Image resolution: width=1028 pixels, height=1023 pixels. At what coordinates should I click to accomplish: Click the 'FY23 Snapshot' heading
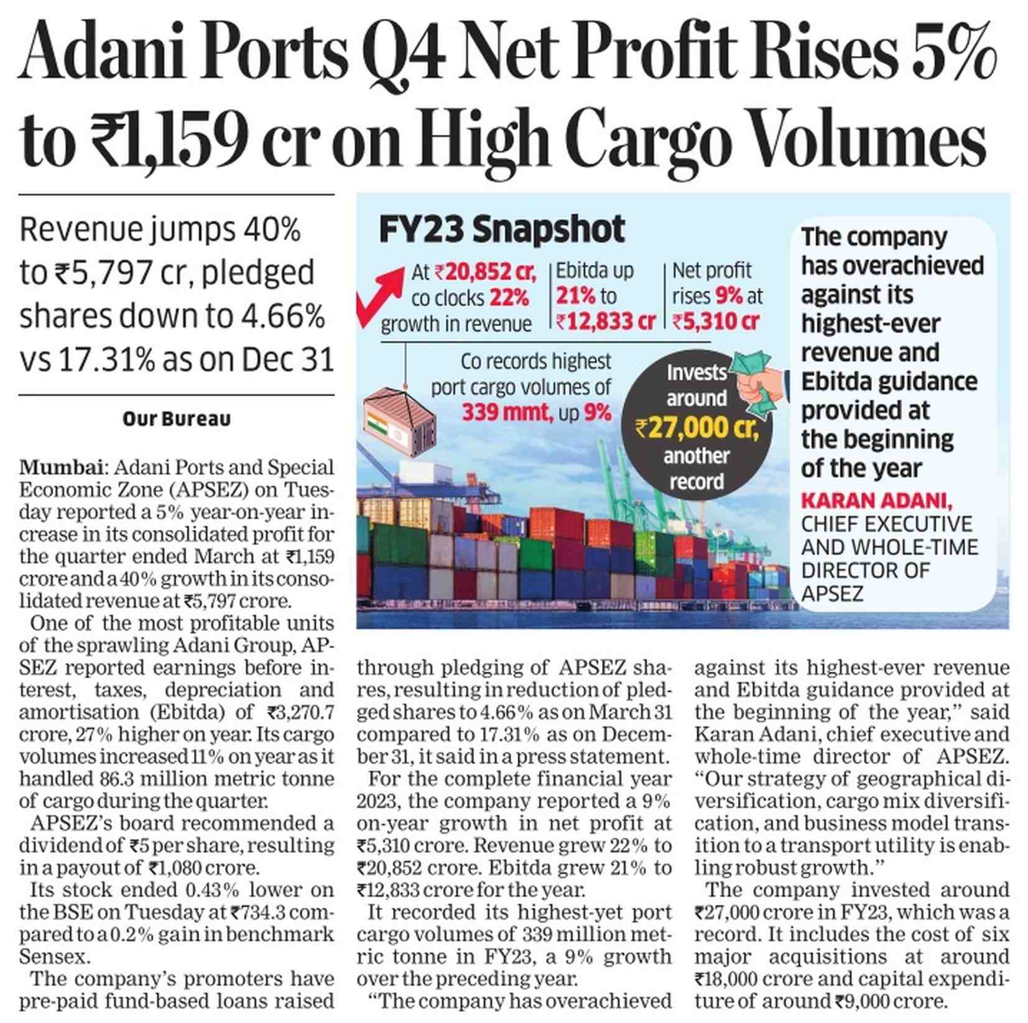pyautogui.click(x=501, y=229)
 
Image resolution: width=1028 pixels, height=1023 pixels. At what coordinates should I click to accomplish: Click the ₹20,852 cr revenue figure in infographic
pyautogui.click(x=485, y=272)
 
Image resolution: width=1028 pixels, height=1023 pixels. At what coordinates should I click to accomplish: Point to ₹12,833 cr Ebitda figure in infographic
pyautogui.click(x=605, y=322)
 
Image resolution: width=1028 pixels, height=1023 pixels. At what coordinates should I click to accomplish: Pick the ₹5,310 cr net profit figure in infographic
pyautogui.click(x=716, y=322)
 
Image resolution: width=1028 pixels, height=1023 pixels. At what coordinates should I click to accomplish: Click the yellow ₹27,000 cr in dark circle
pyautogui.click(x=697, y=428)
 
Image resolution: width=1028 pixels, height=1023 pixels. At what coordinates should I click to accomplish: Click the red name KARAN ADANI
pyautogui.click(x=876, y=501)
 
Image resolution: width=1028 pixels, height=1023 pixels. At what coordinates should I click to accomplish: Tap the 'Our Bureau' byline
pyautogui.click(x=177, y=419)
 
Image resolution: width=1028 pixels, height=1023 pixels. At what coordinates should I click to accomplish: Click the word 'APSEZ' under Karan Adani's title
pyautogui.click(x=831, y=593)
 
